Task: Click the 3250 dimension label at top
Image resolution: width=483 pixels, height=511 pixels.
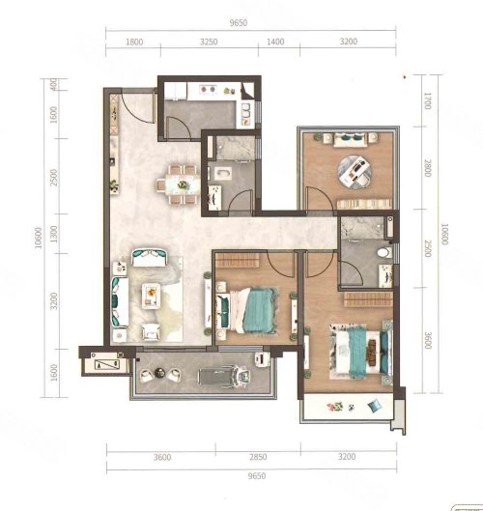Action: pos(209,42)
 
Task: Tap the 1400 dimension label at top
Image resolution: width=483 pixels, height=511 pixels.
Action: pos(275,42)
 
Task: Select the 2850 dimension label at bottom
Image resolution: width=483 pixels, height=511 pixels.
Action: pos(258,457)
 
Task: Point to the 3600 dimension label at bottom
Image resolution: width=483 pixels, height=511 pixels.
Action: pos(162,457)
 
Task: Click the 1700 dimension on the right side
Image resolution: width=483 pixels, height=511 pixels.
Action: pos(428,101)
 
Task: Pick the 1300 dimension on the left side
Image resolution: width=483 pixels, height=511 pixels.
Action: pos(54,234)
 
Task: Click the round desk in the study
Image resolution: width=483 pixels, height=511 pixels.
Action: pos(354,171)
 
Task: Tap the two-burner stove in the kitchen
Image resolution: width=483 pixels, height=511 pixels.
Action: pos(208,89)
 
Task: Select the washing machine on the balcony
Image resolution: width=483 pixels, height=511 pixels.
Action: pos(262,359)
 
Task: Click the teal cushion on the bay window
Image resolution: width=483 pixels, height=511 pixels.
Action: pos(375,405)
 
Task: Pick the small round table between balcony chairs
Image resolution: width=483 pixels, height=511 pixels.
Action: pos(160,372)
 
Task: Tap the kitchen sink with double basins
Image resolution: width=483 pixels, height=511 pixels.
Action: pos(245,110)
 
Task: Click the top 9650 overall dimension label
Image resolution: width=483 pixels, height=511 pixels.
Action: pos(239,23)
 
